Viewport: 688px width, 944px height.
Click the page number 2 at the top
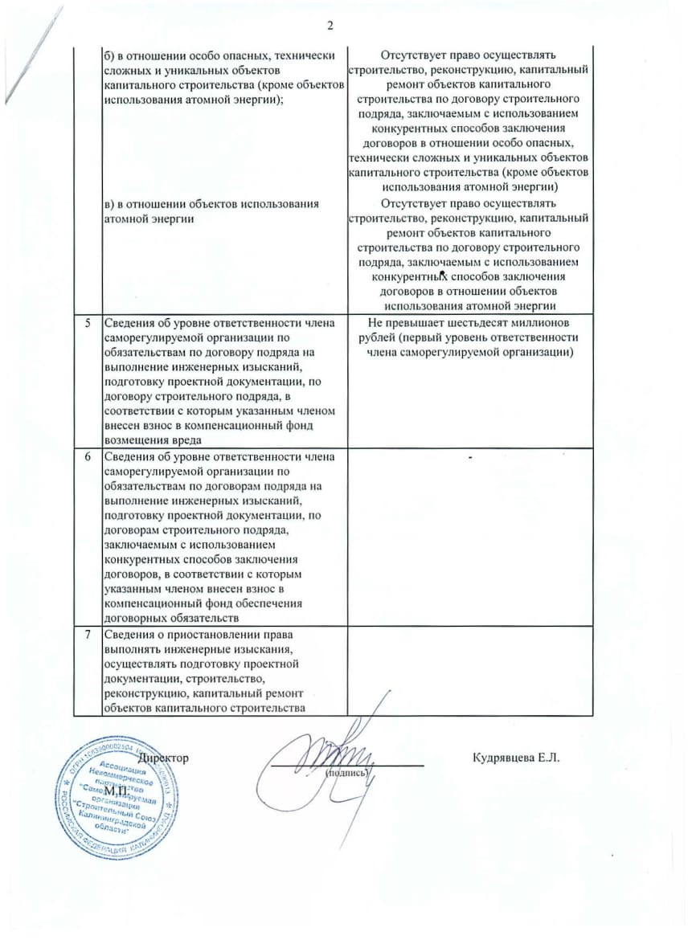pyautogui.click(x=330, y=25)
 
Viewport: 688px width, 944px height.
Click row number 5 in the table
pyautogui.click(x=88, y=324)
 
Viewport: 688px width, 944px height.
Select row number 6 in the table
pyautogui.click(x=88, y=456)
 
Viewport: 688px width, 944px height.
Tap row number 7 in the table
pyautogui.click(x=88, y=633)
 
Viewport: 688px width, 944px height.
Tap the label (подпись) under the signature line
pyautogui.click(x=346, y=773)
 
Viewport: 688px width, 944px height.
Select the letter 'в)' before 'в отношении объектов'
pyautogui.click(x=109, y=204)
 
